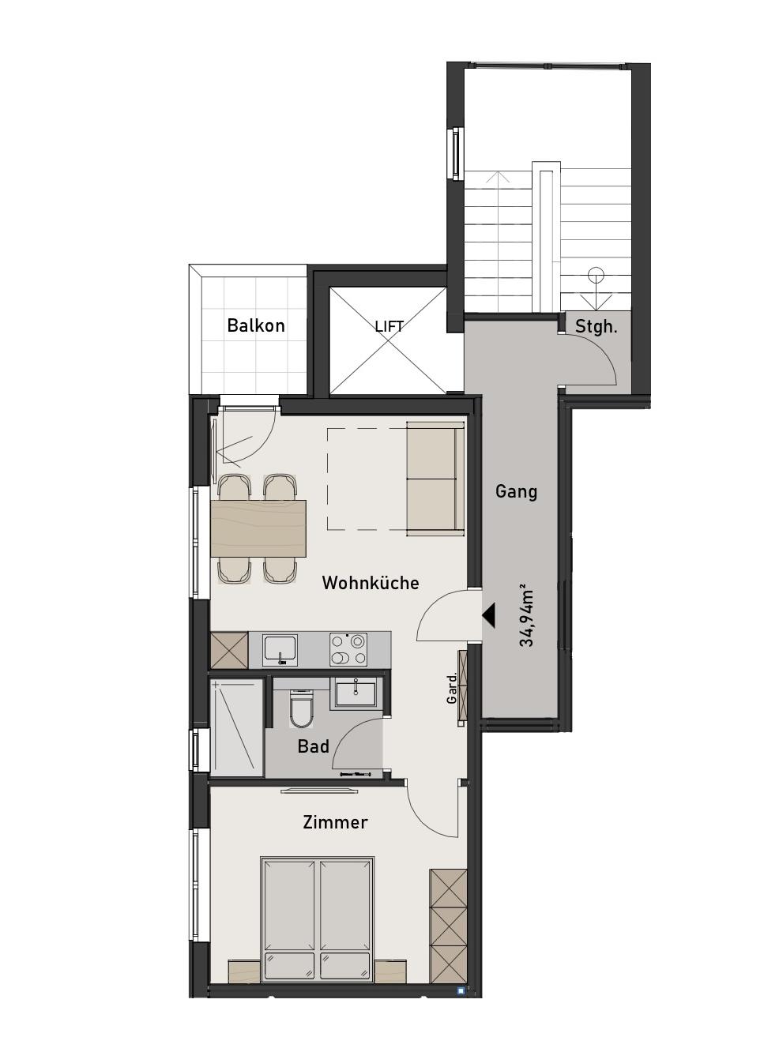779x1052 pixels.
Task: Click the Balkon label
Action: pos(256,325)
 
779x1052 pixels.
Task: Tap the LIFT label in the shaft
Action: pos(389,326)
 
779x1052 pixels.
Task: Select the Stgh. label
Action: pos(596,326)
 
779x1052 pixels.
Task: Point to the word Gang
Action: pos(516,491)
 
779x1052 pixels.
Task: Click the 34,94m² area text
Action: pos(527,618)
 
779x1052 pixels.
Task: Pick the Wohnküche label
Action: pos(371,582)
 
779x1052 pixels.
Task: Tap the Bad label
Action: pos(313,746)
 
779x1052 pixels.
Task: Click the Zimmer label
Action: pos(335,822)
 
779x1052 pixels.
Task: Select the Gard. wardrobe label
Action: pos(452,688)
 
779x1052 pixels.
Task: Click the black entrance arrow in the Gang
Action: pos(489,616)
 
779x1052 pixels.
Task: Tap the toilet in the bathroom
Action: pos(301,708)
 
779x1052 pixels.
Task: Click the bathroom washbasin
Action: pos(356,693)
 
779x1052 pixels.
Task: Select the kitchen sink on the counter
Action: pos(280,649)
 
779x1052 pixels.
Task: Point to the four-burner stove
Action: pos(348,649)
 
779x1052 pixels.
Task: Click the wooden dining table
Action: pos(258,528)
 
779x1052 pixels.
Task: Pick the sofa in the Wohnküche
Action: pos(435,479)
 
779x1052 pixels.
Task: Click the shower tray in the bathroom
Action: pos(237,727)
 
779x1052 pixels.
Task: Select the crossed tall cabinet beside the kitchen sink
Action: pos(229,650)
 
